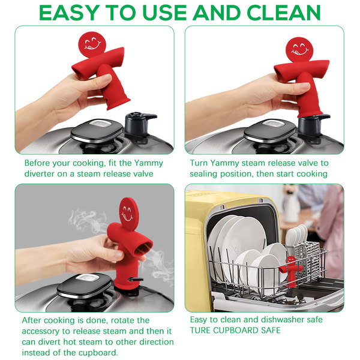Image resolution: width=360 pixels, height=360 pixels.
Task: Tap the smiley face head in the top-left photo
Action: pyautogui.click(x=92, y=44)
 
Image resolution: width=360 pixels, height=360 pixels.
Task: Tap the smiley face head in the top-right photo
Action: pyautogui.click(x=299, y=50)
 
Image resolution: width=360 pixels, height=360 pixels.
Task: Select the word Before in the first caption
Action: pyautogui.click(x=37, y=163)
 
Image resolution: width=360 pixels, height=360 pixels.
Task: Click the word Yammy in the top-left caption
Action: pyautogui.click(x=148, y=163)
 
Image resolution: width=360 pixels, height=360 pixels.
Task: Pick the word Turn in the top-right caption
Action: pyautogui.click(x=199, y=163)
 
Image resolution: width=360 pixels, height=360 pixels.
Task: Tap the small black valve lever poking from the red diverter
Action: pyautogui.click(x=136, y=280)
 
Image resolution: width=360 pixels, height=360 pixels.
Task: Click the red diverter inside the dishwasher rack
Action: pyautogui.click(x=290, y=271)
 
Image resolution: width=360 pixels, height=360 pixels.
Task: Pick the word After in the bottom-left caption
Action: pyautogui.click(x=33, y=320)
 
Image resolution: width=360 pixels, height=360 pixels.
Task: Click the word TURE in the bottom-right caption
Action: pyautogui.click(x=200, y=331)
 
